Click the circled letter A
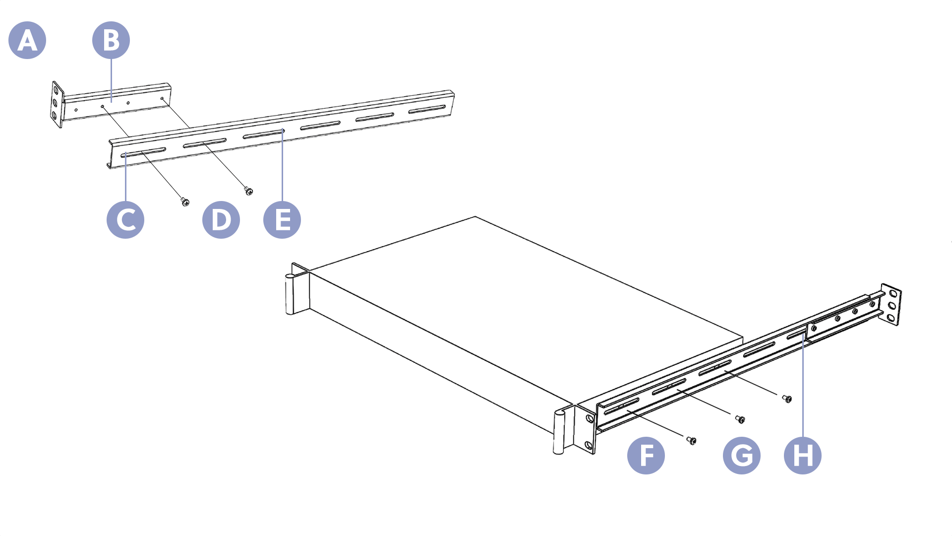coord(27,40)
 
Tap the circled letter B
coord(111,40)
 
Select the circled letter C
coord(125,220)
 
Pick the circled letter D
coord(221,220)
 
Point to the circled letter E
coord(282,220)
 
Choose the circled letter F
coord(646,456)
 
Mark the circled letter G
coord(742,456)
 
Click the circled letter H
coord(803,456)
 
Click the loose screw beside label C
coord(185,201)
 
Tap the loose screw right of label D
coord(248,191)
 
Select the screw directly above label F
coord(691,440)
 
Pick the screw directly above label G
coord(740,419)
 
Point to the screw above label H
coord(787,399)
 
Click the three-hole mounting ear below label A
coord(57,105)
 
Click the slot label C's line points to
coord(143,152)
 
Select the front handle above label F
coord(559,431)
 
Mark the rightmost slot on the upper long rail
coord(427,109)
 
